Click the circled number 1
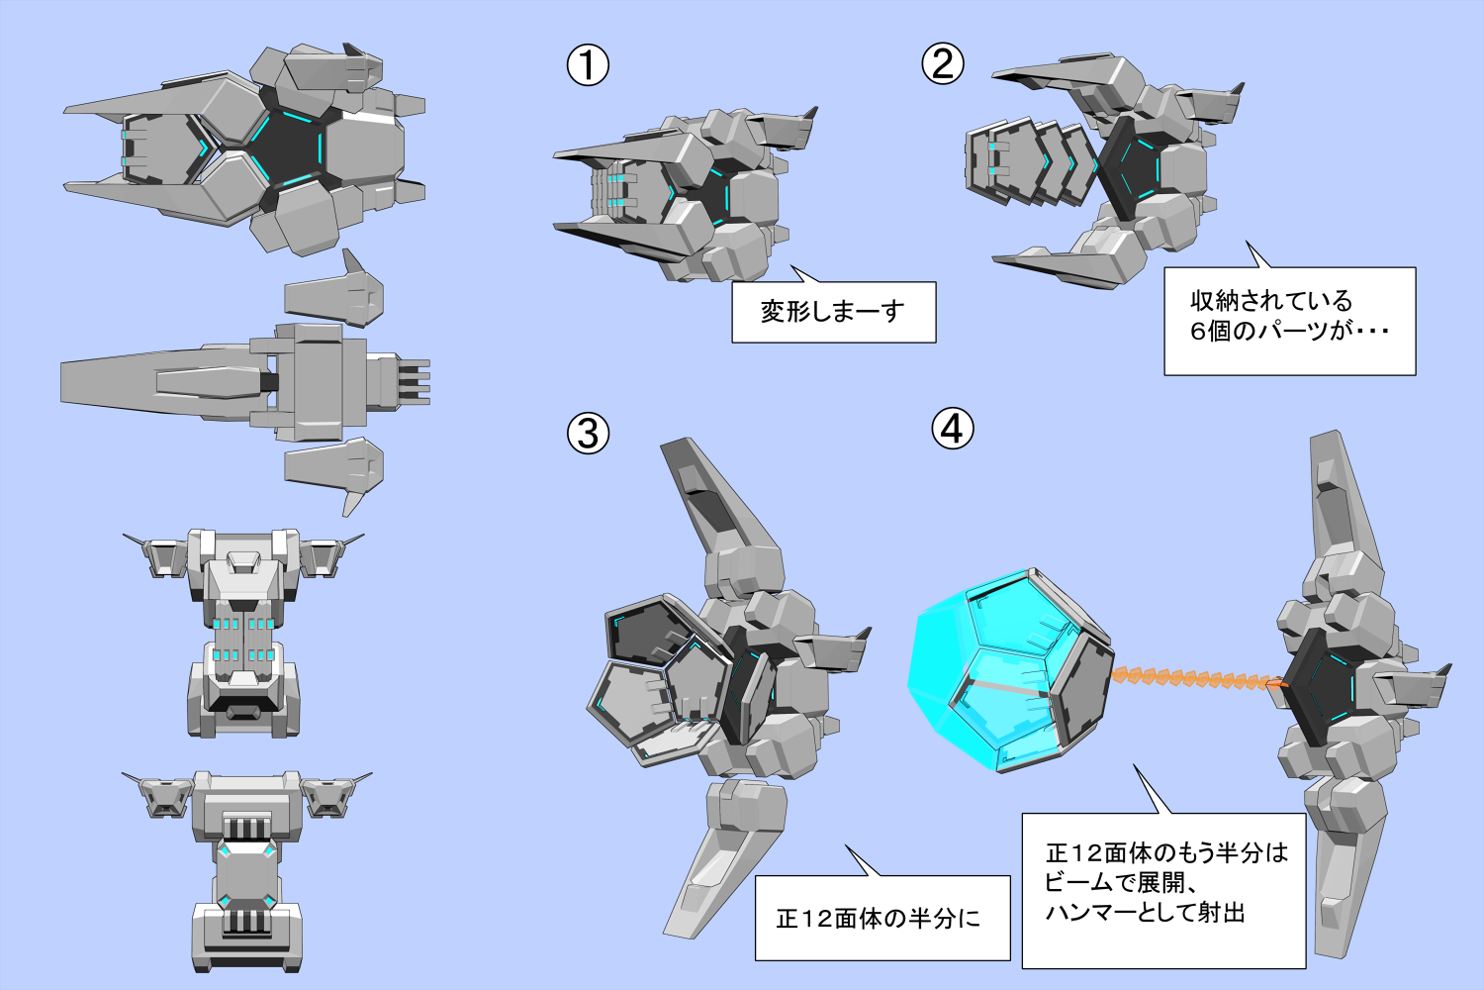pos(588,66)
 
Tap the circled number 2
pos(943,64)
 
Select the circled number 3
pos(588,434)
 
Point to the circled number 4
pos(953,429)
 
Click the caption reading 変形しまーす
pos(833,312)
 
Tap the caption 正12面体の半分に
pos(879,919)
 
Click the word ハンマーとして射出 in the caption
pos(1145,913)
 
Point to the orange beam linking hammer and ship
pos(1197,679)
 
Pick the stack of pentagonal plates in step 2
pos(1029,163)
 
